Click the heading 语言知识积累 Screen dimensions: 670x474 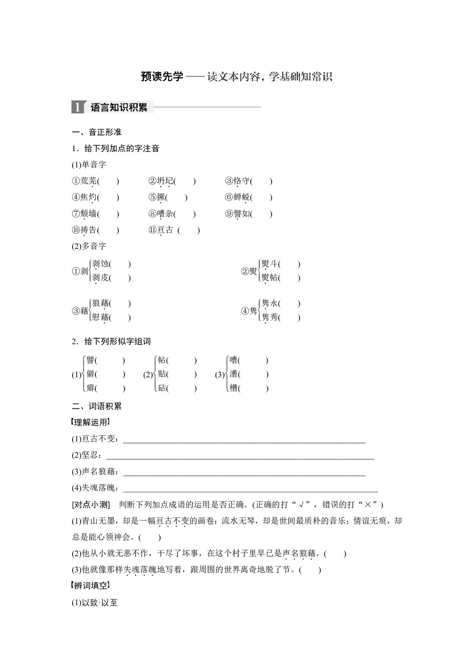click(x=119, y=108)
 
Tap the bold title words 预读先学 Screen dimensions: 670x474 click(x=162, y=77)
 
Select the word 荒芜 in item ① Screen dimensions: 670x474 click(x=89, y=181)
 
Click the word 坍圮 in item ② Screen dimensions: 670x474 click(x=165, y=181)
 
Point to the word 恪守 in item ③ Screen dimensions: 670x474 click(x=242, y=181)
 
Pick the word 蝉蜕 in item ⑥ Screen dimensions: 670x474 click(x=242, y=198)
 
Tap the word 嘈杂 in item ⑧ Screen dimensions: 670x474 click(x=165, y=214)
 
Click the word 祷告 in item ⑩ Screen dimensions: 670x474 click(x=89, y=230)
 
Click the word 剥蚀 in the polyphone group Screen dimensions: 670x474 click(x=100, y=264)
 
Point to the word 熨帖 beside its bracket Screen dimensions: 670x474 click(x=270, y=278)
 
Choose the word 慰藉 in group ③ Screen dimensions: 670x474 click(x=100, y=317)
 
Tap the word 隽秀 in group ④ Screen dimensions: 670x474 click(x=270, y=317)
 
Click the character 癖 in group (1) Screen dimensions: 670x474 click(x=91, y=388)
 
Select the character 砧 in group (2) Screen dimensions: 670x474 click(x=162, y=388)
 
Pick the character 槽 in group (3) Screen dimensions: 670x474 click(x=233, y=388)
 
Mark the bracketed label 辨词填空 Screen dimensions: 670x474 click(x=91, y=586)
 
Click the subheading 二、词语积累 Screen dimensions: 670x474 click(x=97, y=406)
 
